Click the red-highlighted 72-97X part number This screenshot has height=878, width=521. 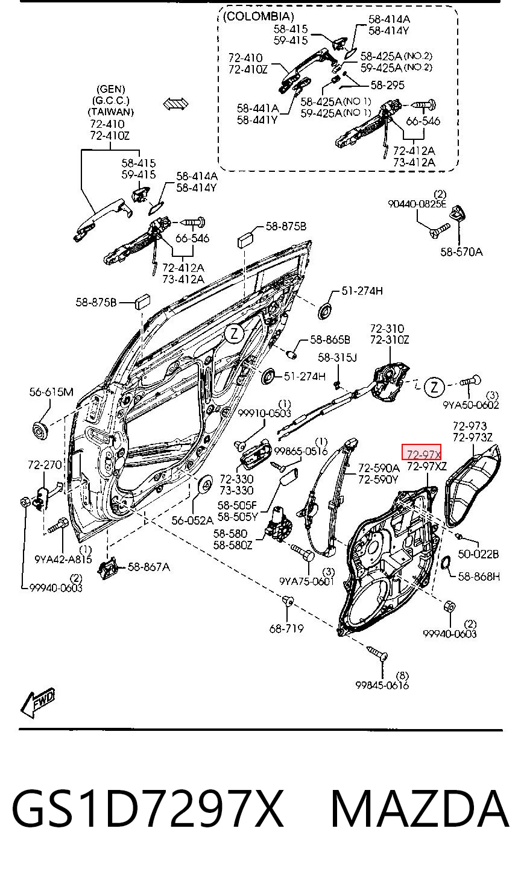(x=423, y=454)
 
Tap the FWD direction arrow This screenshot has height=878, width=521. (x=37, y=703)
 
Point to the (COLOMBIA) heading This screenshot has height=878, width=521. (x=258, y=16)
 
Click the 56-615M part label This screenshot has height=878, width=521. (x=51, y=391)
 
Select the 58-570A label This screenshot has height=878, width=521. (x=461, y=251)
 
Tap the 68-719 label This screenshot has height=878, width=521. (x=286, y=628)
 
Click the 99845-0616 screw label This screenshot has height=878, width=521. (x=382, y=685)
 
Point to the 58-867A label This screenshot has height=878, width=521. (x=149, y=567)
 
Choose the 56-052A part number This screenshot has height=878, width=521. (x=192, y=520)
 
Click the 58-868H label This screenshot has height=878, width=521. (x=479, y=576)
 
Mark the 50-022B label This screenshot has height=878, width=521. (x=478, y=554)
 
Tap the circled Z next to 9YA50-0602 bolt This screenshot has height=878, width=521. (x=434, y=387)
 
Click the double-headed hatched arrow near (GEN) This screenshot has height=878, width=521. (x=176, y=104)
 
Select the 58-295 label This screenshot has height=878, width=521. (x=388, y=85)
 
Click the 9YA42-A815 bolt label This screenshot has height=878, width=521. (x=63, y=560)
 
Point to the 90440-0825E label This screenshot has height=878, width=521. (x=417, y=204)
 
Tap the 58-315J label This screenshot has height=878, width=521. (x=337, y=357)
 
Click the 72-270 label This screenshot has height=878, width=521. (x=45, y=464)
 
